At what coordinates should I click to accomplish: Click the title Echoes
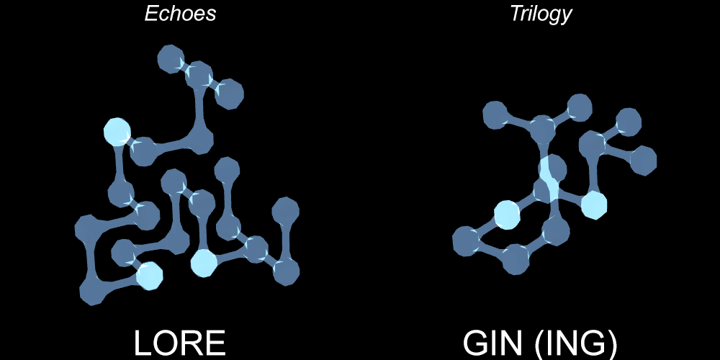[x=180, y=14]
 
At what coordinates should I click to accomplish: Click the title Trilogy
[x=541, y=14]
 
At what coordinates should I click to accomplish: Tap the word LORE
[x=180, y=344]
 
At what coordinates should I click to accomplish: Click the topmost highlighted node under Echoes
[x=117, y=132]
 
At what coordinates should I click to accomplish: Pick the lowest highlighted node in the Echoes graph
[x=149, y=276]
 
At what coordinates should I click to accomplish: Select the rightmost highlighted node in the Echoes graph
[x=204, y=264]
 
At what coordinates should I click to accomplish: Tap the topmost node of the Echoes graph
[x=171, y=58]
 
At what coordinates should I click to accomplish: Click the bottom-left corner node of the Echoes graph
[x=93, y=291]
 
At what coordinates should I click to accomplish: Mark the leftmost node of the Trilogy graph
[x=466, y=240]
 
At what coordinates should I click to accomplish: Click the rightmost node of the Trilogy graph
[x=643, y=159]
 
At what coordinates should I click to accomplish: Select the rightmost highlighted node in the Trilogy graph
[x=593, y=204]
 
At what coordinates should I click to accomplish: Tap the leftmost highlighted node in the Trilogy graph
[x=507, y=215]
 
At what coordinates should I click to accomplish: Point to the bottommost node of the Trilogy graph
[x=516, y=259]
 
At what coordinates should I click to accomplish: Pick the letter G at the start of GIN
[x=477, y=344]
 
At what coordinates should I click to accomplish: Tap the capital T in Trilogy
[x=515, y=14]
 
